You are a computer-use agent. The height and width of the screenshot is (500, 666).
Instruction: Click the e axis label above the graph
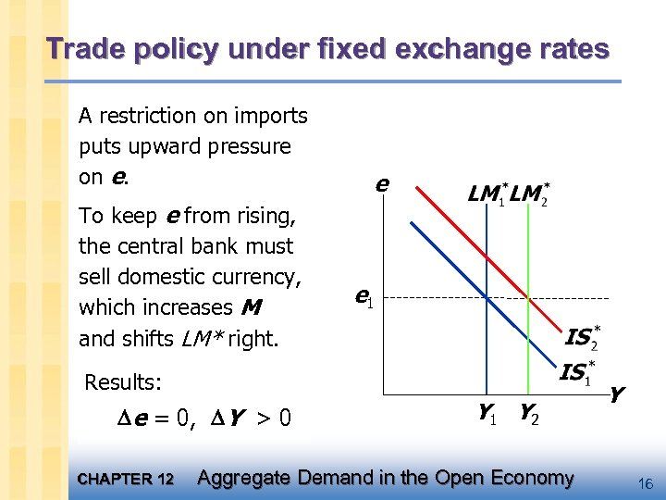(x=380, y=184)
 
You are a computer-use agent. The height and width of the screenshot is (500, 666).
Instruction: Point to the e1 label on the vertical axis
(x=364, y=297)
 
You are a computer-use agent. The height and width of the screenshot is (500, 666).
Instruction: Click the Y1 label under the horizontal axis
(x=487, y=414)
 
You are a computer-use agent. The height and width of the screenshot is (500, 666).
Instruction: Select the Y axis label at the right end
(x=616, y=395)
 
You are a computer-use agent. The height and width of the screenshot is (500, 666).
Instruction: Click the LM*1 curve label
(x=487, y=195)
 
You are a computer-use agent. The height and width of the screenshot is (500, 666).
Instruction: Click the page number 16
(x=646, y=481)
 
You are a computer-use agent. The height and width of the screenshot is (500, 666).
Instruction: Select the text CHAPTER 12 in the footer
(x=126, y=480)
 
